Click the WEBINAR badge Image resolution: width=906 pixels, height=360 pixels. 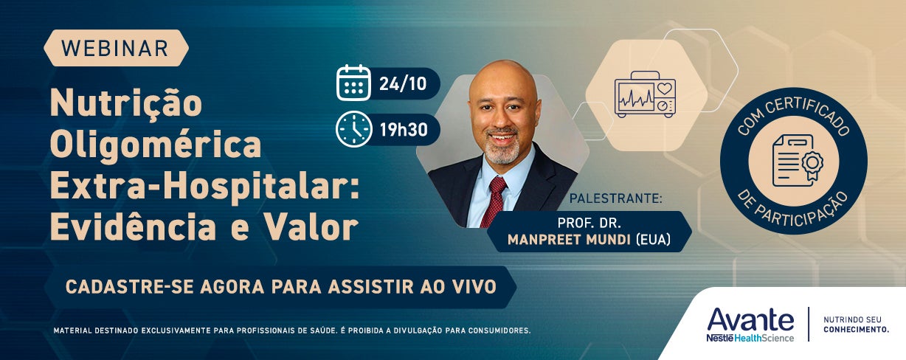pyautogui.click(x=116, y=48)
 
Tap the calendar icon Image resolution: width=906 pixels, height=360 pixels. pyautogui.click(x=353, y=83)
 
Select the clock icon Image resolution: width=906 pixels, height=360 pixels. pyautogui.click(x=353, y=129)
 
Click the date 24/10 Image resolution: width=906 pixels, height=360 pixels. pyautogui.click(x=403, y=84)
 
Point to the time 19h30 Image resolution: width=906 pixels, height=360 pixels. pyautogui.click(x=404, y=130)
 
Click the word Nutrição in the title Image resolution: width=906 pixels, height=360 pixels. pyautogui.click(x=125, y=103)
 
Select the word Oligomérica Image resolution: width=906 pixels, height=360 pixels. pyautogui.click(x=156, y=145)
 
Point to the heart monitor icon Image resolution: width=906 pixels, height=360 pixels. pyautogui.click(x=645, y=94)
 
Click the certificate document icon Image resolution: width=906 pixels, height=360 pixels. pyautogui.click(x=798, y=161)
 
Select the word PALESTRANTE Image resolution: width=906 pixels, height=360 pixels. pyautogui.click(x=614, y=198)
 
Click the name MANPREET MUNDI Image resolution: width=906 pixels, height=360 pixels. pyautogui.click(x=569, y=240)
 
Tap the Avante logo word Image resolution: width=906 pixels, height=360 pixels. pyautogui.click(x=750, y=320)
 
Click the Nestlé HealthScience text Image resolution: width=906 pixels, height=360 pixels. pyautogui.click(x=750, y=338)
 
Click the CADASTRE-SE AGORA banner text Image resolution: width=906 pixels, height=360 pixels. pyautogui.click(x=280, y=287)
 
